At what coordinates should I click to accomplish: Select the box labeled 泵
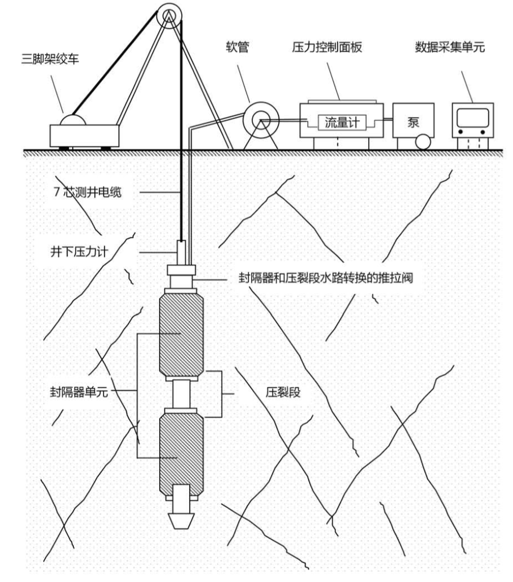click(413, 121)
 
